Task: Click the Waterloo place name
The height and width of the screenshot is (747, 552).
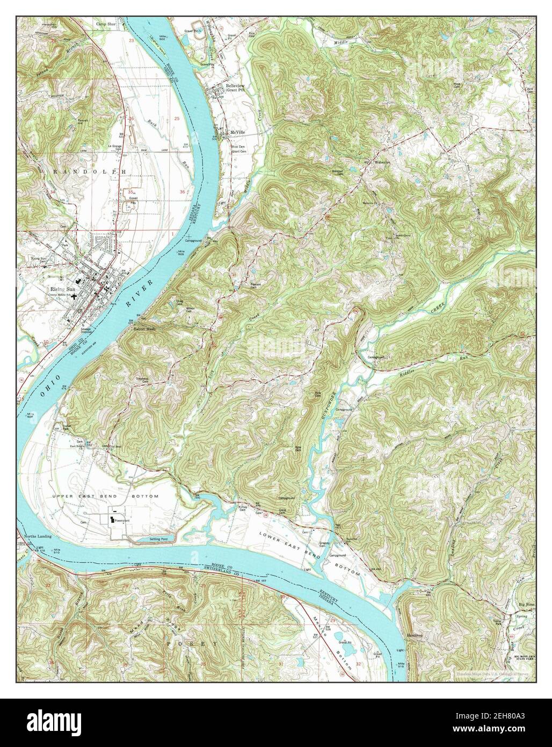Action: click(x=381, y=161)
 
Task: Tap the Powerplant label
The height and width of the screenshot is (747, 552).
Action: click(x=123, y=521)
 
